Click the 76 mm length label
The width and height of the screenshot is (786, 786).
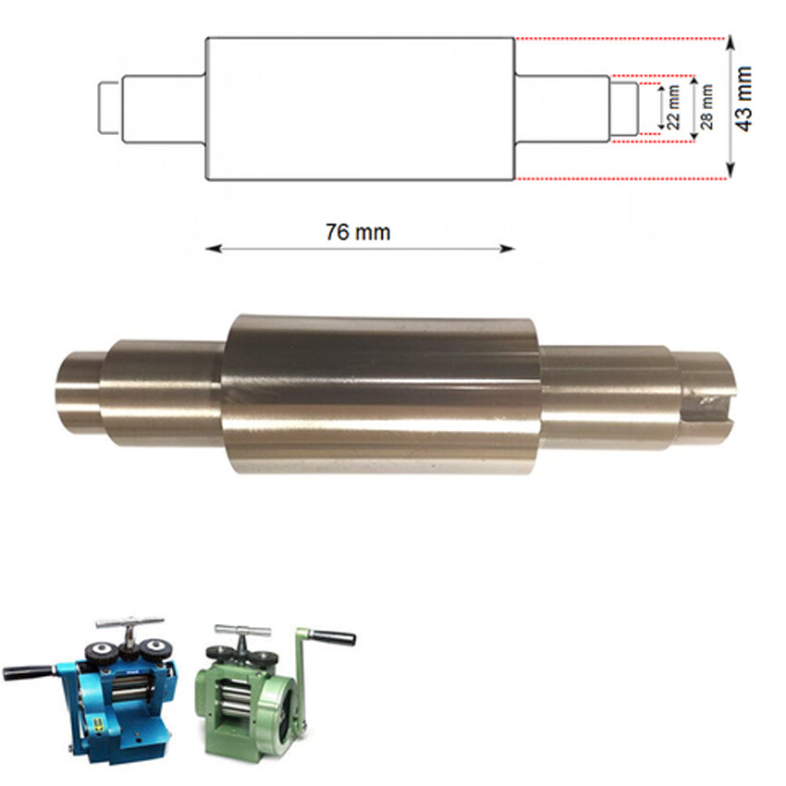[358, 232]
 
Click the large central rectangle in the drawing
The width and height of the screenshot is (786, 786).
[359, 108]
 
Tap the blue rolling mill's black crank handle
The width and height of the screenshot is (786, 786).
[25, 672]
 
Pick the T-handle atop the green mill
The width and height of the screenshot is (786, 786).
[242, 632]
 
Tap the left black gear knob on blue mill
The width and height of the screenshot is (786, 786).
[101, 654]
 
